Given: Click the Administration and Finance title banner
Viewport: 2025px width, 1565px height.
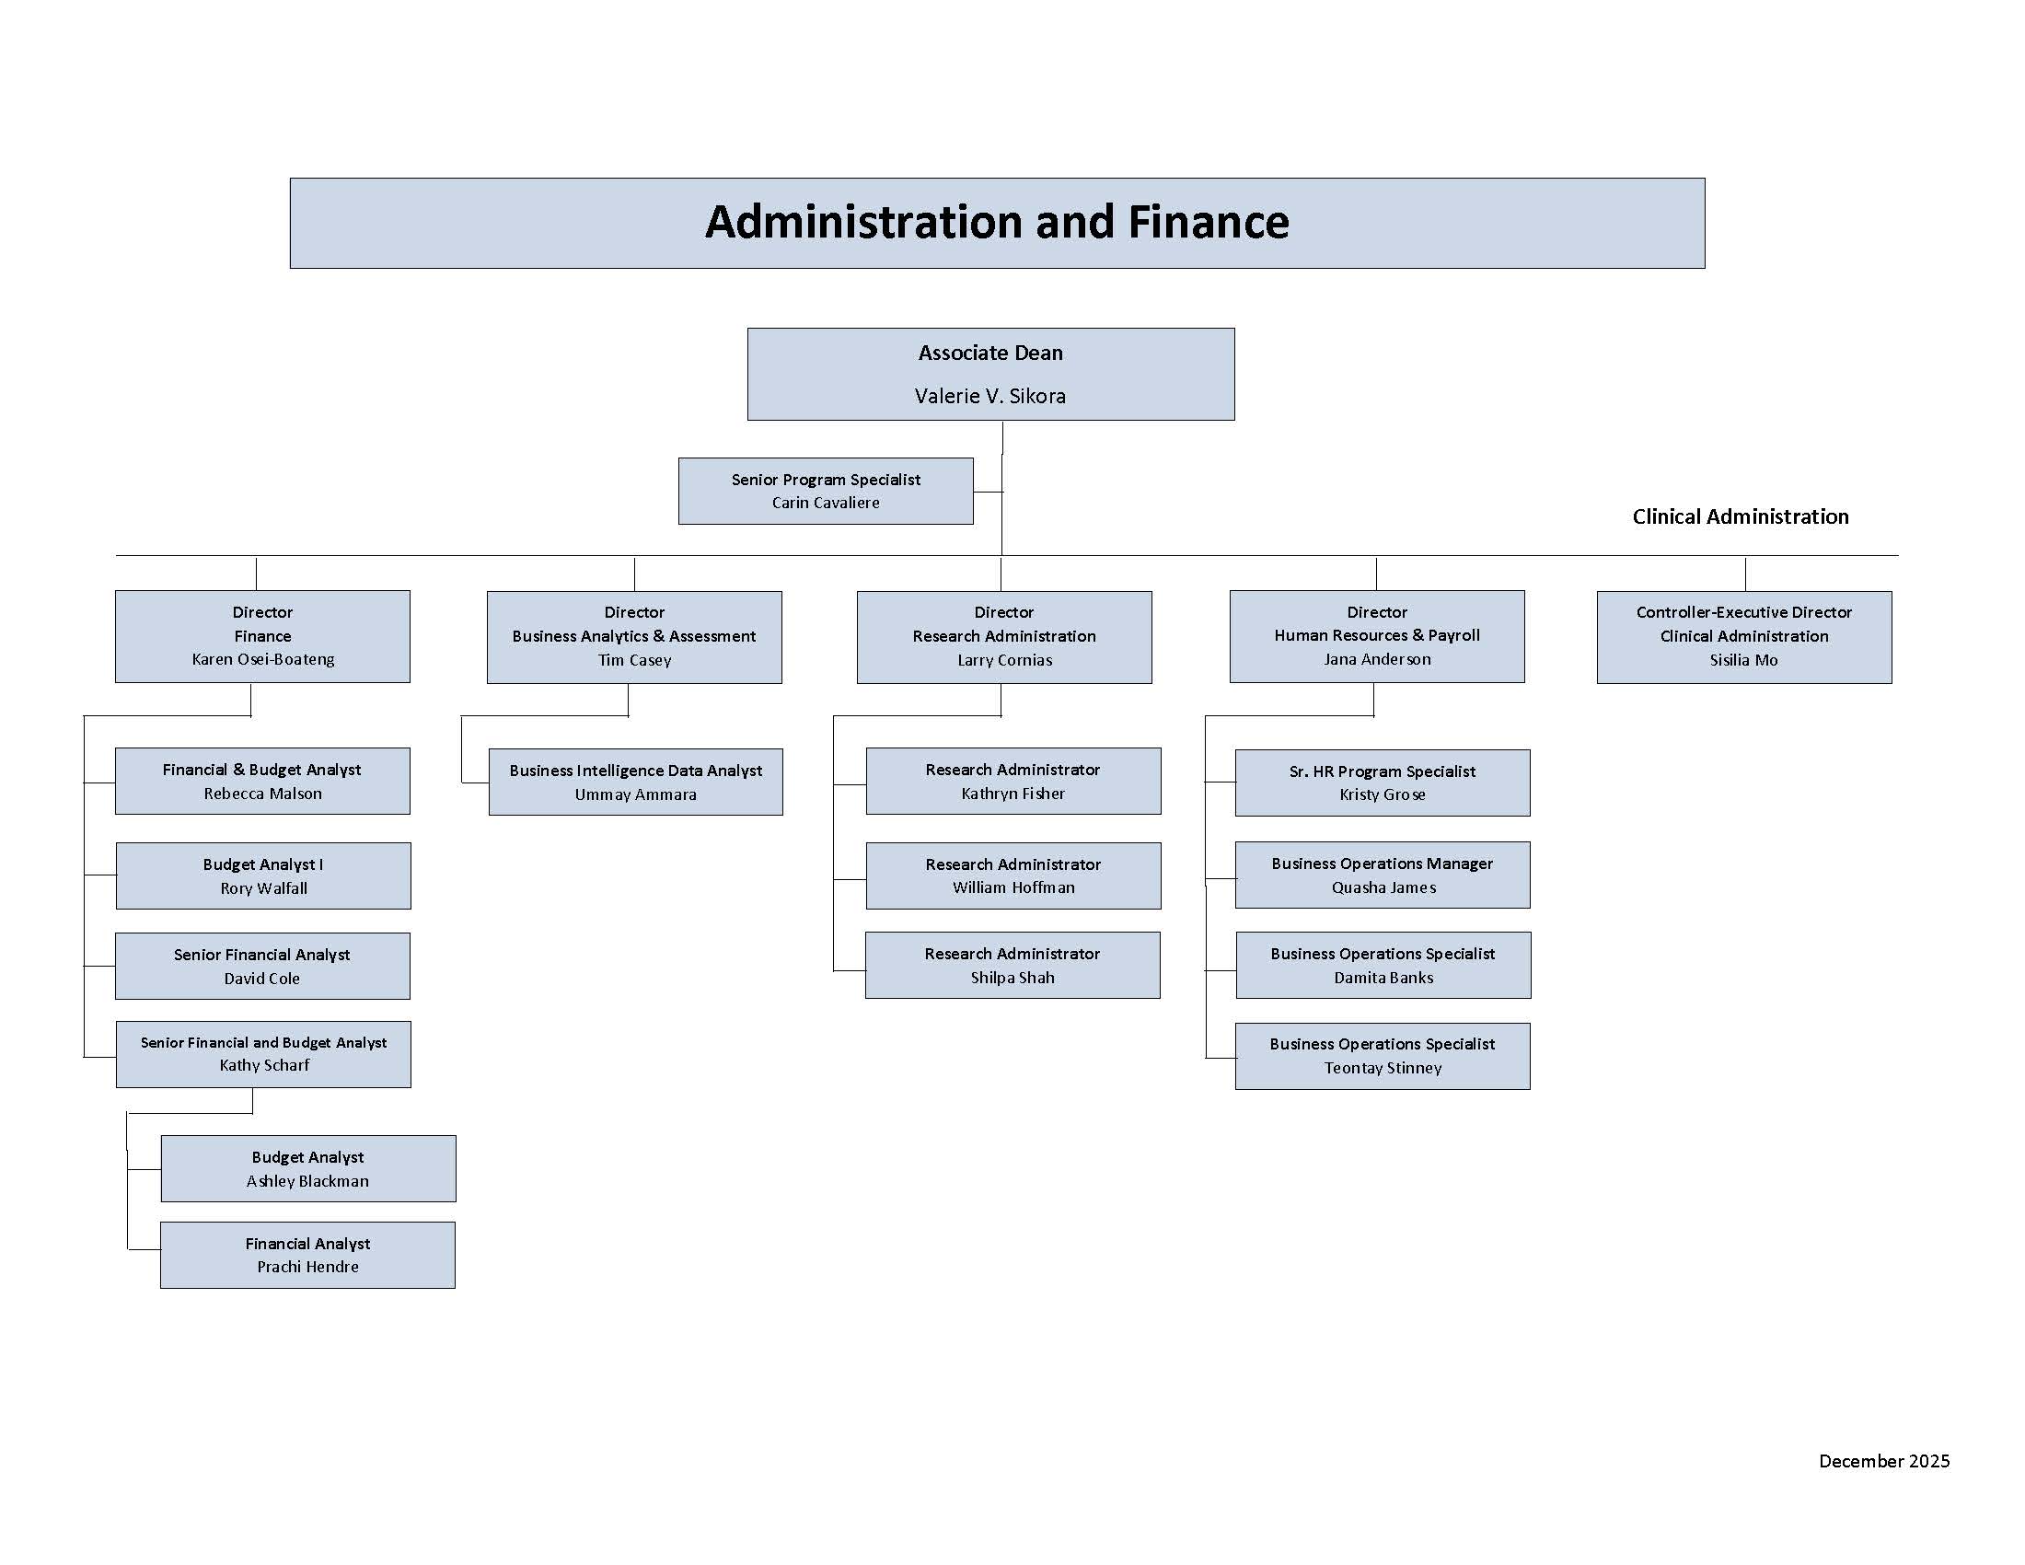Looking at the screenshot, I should pos(997,223).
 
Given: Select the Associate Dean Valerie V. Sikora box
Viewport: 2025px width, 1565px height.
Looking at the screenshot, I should pos(990,374).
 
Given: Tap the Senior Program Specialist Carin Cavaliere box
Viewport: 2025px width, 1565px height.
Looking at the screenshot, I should pos(826,491).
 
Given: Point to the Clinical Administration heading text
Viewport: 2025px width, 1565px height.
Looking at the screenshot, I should pos(1740,516).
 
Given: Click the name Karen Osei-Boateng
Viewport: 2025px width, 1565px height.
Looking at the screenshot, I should pos(262,659).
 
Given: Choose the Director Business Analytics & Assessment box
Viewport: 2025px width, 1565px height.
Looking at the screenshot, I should pos(634,637).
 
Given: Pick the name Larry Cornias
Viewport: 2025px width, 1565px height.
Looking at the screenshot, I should pos(1004,660).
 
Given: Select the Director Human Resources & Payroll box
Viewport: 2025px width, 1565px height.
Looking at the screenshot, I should pos(1376,636).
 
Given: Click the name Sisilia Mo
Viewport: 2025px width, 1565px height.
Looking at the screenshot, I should pos(1743,660).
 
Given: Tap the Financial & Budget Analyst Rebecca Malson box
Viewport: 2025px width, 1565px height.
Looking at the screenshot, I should pos(262,781).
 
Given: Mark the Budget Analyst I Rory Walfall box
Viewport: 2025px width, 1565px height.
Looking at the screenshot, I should pos(263,875).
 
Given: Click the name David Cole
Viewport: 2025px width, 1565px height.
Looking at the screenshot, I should pos(261,978).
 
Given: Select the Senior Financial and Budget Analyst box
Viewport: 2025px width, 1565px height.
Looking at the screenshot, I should pos(263,1054).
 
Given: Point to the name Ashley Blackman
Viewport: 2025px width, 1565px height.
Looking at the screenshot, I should pos(307,1181).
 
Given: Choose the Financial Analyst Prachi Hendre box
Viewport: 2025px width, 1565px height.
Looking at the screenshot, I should pos(307,1255).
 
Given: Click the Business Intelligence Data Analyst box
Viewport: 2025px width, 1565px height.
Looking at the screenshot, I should pos(635,782).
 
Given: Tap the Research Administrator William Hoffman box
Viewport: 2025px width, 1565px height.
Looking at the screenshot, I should pos(1012,875).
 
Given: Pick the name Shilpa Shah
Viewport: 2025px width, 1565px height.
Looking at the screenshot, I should pos(1012,977).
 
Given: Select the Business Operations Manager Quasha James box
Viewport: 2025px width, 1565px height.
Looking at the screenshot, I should pos(1382,875).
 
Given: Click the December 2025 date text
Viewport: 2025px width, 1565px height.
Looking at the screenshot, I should pos(1883,1461).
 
